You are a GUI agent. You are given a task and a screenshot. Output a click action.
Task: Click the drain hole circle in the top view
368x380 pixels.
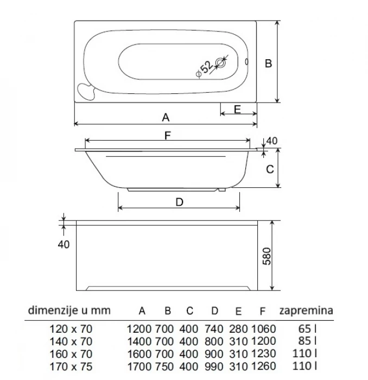pos(221,64)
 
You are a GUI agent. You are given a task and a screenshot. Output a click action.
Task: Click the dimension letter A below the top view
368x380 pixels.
pos(166,117)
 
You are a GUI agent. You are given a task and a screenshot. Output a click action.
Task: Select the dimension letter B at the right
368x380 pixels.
pos(268,63)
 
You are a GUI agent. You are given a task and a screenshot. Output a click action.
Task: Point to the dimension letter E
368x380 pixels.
pos(237,109)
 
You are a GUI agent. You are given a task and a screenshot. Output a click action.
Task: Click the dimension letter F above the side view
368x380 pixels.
pos(168,136)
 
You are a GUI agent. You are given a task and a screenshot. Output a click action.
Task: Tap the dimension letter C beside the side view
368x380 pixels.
pos(269,169)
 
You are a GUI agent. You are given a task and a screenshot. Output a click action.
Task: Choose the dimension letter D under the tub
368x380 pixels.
pos(180,202)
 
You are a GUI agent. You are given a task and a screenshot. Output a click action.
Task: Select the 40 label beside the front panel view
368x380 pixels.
pos(64,244)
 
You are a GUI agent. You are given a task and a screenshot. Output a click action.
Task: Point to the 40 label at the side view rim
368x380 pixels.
pos(272,141)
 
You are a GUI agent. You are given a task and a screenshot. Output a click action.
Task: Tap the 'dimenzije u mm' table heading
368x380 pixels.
pos(68,311)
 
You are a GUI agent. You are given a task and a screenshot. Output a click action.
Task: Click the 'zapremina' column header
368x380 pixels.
pos(306,311)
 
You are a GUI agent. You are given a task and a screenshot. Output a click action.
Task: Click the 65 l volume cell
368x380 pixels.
pos(307,328)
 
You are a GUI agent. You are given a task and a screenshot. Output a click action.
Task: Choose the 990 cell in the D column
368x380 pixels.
pos(214,366)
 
